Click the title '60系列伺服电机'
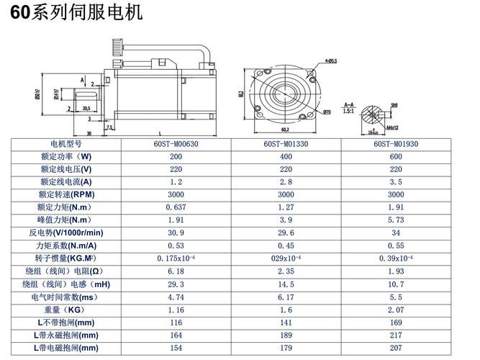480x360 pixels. (x=76, y=12)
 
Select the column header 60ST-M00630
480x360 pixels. (x=176, y=143)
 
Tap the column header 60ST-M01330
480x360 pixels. (x=286, y=143)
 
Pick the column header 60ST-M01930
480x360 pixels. (x=396, y=143)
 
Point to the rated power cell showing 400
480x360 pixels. (x=286, y=156)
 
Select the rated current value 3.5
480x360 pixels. (x=396, y=181)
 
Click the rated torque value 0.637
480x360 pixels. (x=176, y=207)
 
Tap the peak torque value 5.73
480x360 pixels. (x=396, y=220)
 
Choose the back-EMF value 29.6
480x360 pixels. (x=286, y=233)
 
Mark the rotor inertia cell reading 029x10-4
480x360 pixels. (x=286, y=258)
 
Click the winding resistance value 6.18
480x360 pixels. (x=176, y=271)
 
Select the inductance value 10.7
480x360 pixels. (x=396, y=284)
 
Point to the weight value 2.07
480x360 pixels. (x=396, y=309)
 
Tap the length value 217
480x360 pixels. (x=396, y=335)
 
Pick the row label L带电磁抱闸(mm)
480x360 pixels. (x=65, y=348)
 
